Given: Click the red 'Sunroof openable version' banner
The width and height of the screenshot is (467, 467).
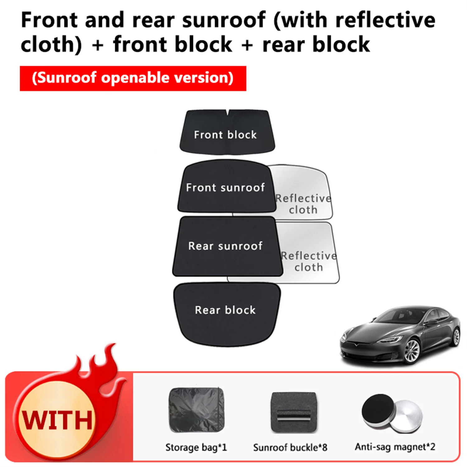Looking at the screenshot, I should click(x=133, y=78).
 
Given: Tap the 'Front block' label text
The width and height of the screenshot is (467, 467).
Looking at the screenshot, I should click(x=225, y=135).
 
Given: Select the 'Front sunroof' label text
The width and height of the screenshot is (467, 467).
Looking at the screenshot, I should click(x=225, y=187).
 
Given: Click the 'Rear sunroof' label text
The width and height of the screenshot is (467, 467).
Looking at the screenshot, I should click(x=225, y=246).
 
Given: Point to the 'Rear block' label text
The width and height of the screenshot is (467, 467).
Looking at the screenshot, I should click(x=225, y=310).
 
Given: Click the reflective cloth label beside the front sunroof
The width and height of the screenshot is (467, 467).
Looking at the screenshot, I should click(x=303, y=204).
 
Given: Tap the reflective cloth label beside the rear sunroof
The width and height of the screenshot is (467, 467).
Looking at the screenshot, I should click(x=309, y=262).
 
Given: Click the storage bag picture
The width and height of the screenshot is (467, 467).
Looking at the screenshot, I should click(x=196, y=410).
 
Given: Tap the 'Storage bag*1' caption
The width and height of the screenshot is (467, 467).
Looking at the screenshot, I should click(x=196, y=447).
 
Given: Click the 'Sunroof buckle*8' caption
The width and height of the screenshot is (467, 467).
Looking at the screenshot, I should click(x=290, y=447).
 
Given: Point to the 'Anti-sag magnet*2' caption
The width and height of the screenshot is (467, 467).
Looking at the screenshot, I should click(x=395, y=447).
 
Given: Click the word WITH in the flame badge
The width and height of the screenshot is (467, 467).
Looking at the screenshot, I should click(x=57, y=420).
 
